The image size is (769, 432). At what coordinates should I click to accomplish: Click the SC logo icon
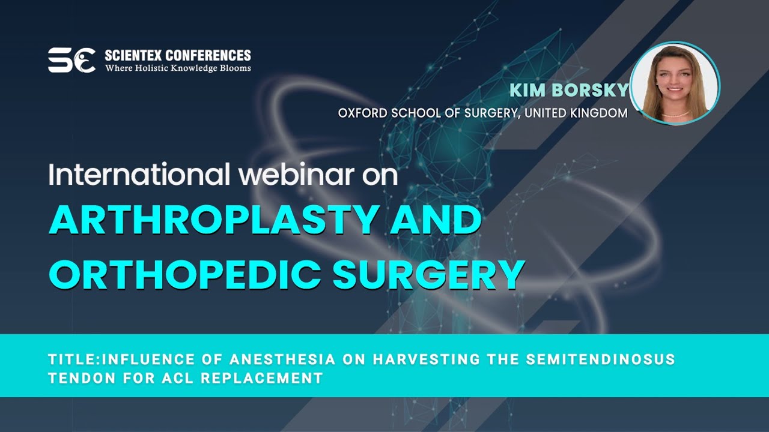pos(71,61)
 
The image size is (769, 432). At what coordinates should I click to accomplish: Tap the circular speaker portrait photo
pos(675,83)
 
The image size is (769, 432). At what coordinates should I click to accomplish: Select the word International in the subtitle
pos(139,175)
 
